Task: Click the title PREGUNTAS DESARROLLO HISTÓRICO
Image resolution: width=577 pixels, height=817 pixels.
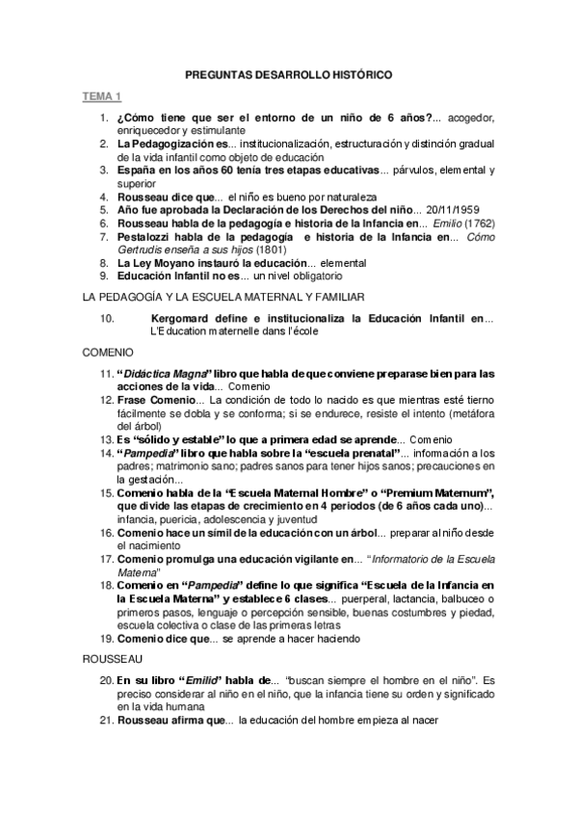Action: (x=289, y=74)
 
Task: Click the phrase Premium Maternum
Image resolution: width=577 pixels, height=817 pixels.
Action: (x=435, y=492)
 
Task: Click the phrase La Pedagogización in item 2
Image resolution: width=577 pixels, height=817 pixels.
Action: (x=169, y=144)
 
